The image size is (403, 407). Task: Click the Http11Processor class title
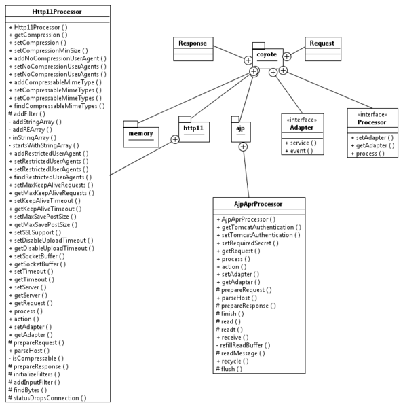click(x=57, y=12)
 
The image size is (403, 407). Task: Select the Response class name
click(x=193, y=43)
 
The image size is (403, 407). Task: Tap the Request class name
click(x=322, y=43)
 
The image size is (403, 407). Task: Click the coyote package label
click(x=267, y=54)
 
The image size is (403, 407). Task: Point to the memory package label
click(x=140, y=134)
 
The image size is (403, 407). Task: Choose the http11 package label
click(x=193, y=128)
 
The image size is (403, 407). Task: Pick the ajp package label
click(x=240, y=128)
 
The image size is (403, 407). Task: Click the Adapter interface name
click(x=302, y=128)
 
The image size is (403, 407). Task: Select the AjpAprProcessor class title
click(x=258, y=204)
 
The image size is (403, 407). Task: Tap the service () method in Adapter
click(x=301, y=143)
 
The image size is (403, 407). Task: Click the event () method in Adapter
click(x=299, y=151)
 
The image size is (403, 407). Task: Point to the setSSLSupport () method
click(x=35, y=232)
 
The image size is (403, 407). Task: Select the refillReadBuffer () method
click(x=243, y=345)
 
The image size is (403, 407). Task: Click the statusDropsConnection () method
click(x=47, y=398)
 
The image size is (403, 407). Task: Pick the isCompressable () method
click(x=36, y=359)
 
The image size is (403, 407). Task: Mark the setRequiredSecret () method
click(x=248, y=243)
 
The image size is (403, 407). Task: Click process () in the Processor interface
click(x=368, y=154)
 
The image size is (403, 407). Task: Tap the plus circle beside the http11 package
click(x=175, y=139)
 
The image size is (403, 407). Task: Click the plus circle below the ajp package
click(x=243, y=147)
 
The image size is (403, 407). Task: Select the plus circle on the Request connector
click(x=286, y=56)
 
